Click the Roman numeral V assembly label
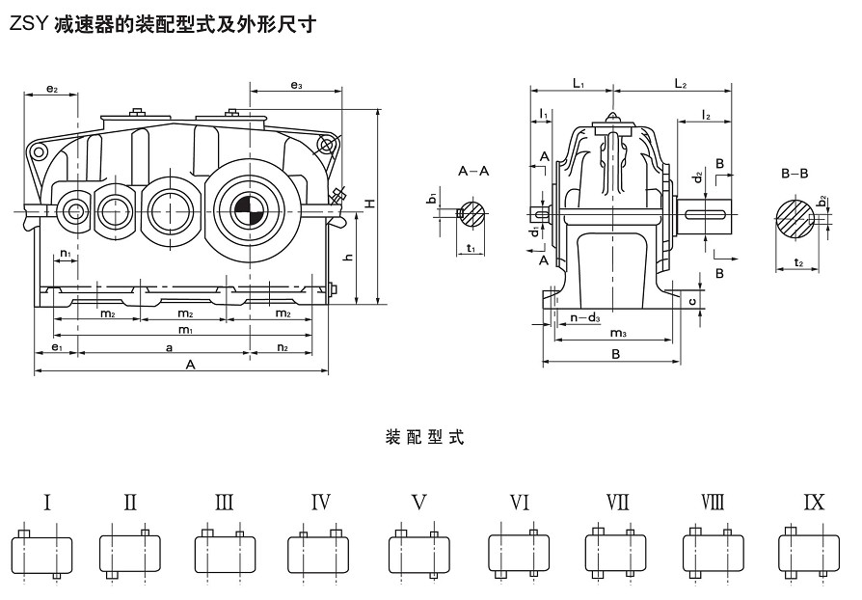(418, 502)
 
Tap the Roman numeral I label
(46, 502)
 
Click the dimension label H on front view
(369, 204)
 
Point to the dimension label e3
(296, 87)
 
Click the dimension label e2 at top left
(52, 90)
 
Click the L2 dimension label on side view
(680, 85)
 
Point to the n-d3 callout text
(585, 317)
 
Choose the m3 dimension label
(618, 333)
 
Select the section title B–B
(795, 175)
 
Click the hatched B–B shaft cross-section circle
(795, 219)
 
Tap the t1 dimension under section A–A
(471, 248)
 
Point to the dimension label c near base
(692, 301)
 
